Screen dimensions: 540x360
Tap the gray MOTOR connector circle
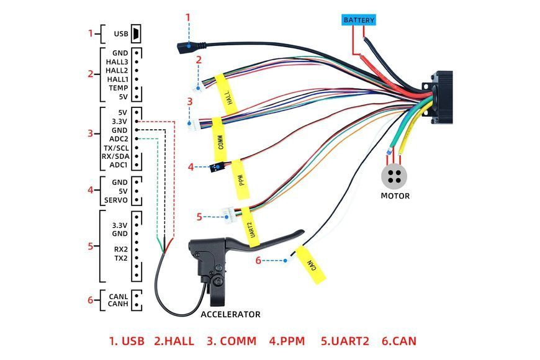coord(394,176)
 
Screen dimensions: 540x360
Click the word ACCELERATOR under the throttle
coord(230,314)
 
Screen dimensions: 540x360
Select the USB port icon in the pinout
coord(137,34)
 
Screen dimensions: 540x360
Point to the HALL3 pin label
coord(117,62)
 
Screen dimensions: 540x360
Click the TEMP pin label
coord(118,88)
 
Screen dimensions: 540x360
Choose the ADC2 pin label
coord(119,139)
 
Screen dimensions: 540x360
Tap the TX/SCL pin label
coord(116,148)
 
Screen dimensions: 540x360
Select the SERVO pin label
coord(115,200)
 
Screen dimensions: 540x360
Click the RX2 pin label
coord(121,249)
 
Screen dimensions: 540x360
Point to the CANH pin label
coord(118,304)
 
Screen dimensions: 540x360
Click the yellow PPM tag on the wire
coord(240,179)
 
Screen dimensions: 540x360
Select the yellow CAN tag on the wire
coord(311,265)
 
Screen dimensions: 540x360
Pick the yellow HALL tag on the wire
coord(227,94)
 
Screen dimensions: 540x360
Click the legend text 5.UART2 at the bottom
coord(345,341)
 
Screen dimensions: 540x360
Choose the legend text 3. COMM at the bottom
coord(232,341)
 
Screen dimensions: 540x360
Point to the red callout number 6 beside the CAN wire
coord(258,261)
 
